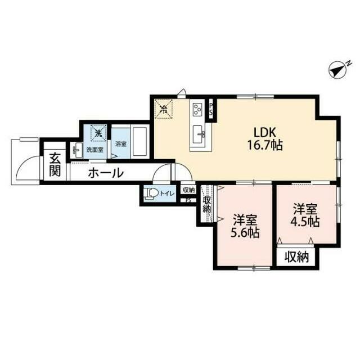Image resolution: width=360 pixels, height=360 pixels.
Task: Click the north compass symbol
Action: (x=338, y=70)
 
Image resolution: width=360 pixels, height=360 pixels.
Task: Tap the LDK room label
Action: (x=264, y=133)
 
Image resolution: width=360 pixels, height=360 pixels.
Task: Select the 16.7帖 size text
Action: (x=265, y=145)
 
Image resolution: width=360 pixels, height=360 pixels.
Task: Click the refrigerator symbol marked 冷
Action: (x=164, y=109)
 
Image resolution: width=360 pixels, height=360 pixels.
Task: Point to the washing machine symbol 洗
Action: (x=98, y=133)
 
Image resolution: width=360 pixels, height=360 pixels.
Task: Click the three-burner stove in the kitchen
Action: (x=197, y=110)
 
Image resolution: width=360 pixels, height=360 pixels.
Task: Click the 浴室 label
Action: (x=121, y=144)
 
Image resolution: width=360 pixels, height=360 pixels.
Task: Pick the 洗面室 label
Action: (x=95, y=150)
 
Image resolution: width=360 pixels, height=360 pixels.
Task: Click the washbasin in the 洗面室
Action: (x=78, y=150)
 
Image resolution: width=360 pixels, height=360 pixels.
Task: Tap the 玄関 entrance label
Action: (x=55, y=164)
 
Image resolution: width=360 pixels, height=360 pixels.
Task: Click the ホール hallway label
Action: (x=106, y=173)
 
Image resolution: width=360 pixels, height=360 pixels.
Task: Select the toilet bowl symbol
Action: (x=151, y=193)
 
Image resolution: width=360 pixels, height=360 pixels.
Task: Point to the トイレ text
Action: (x=167, y=193)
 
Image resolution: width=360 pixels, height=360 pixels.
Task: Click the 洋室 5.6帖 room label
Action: (x=245, y=226)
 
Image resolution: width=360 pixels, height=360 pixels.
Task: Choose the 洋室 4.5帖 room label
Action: (x=305, y=215)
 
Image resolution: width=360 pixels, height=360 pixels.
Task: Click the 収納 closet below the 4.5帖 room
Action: (x=296, y=256)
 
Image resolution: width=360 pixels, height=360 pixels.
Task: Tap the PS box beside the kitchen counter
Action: (x=210, y=110)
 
